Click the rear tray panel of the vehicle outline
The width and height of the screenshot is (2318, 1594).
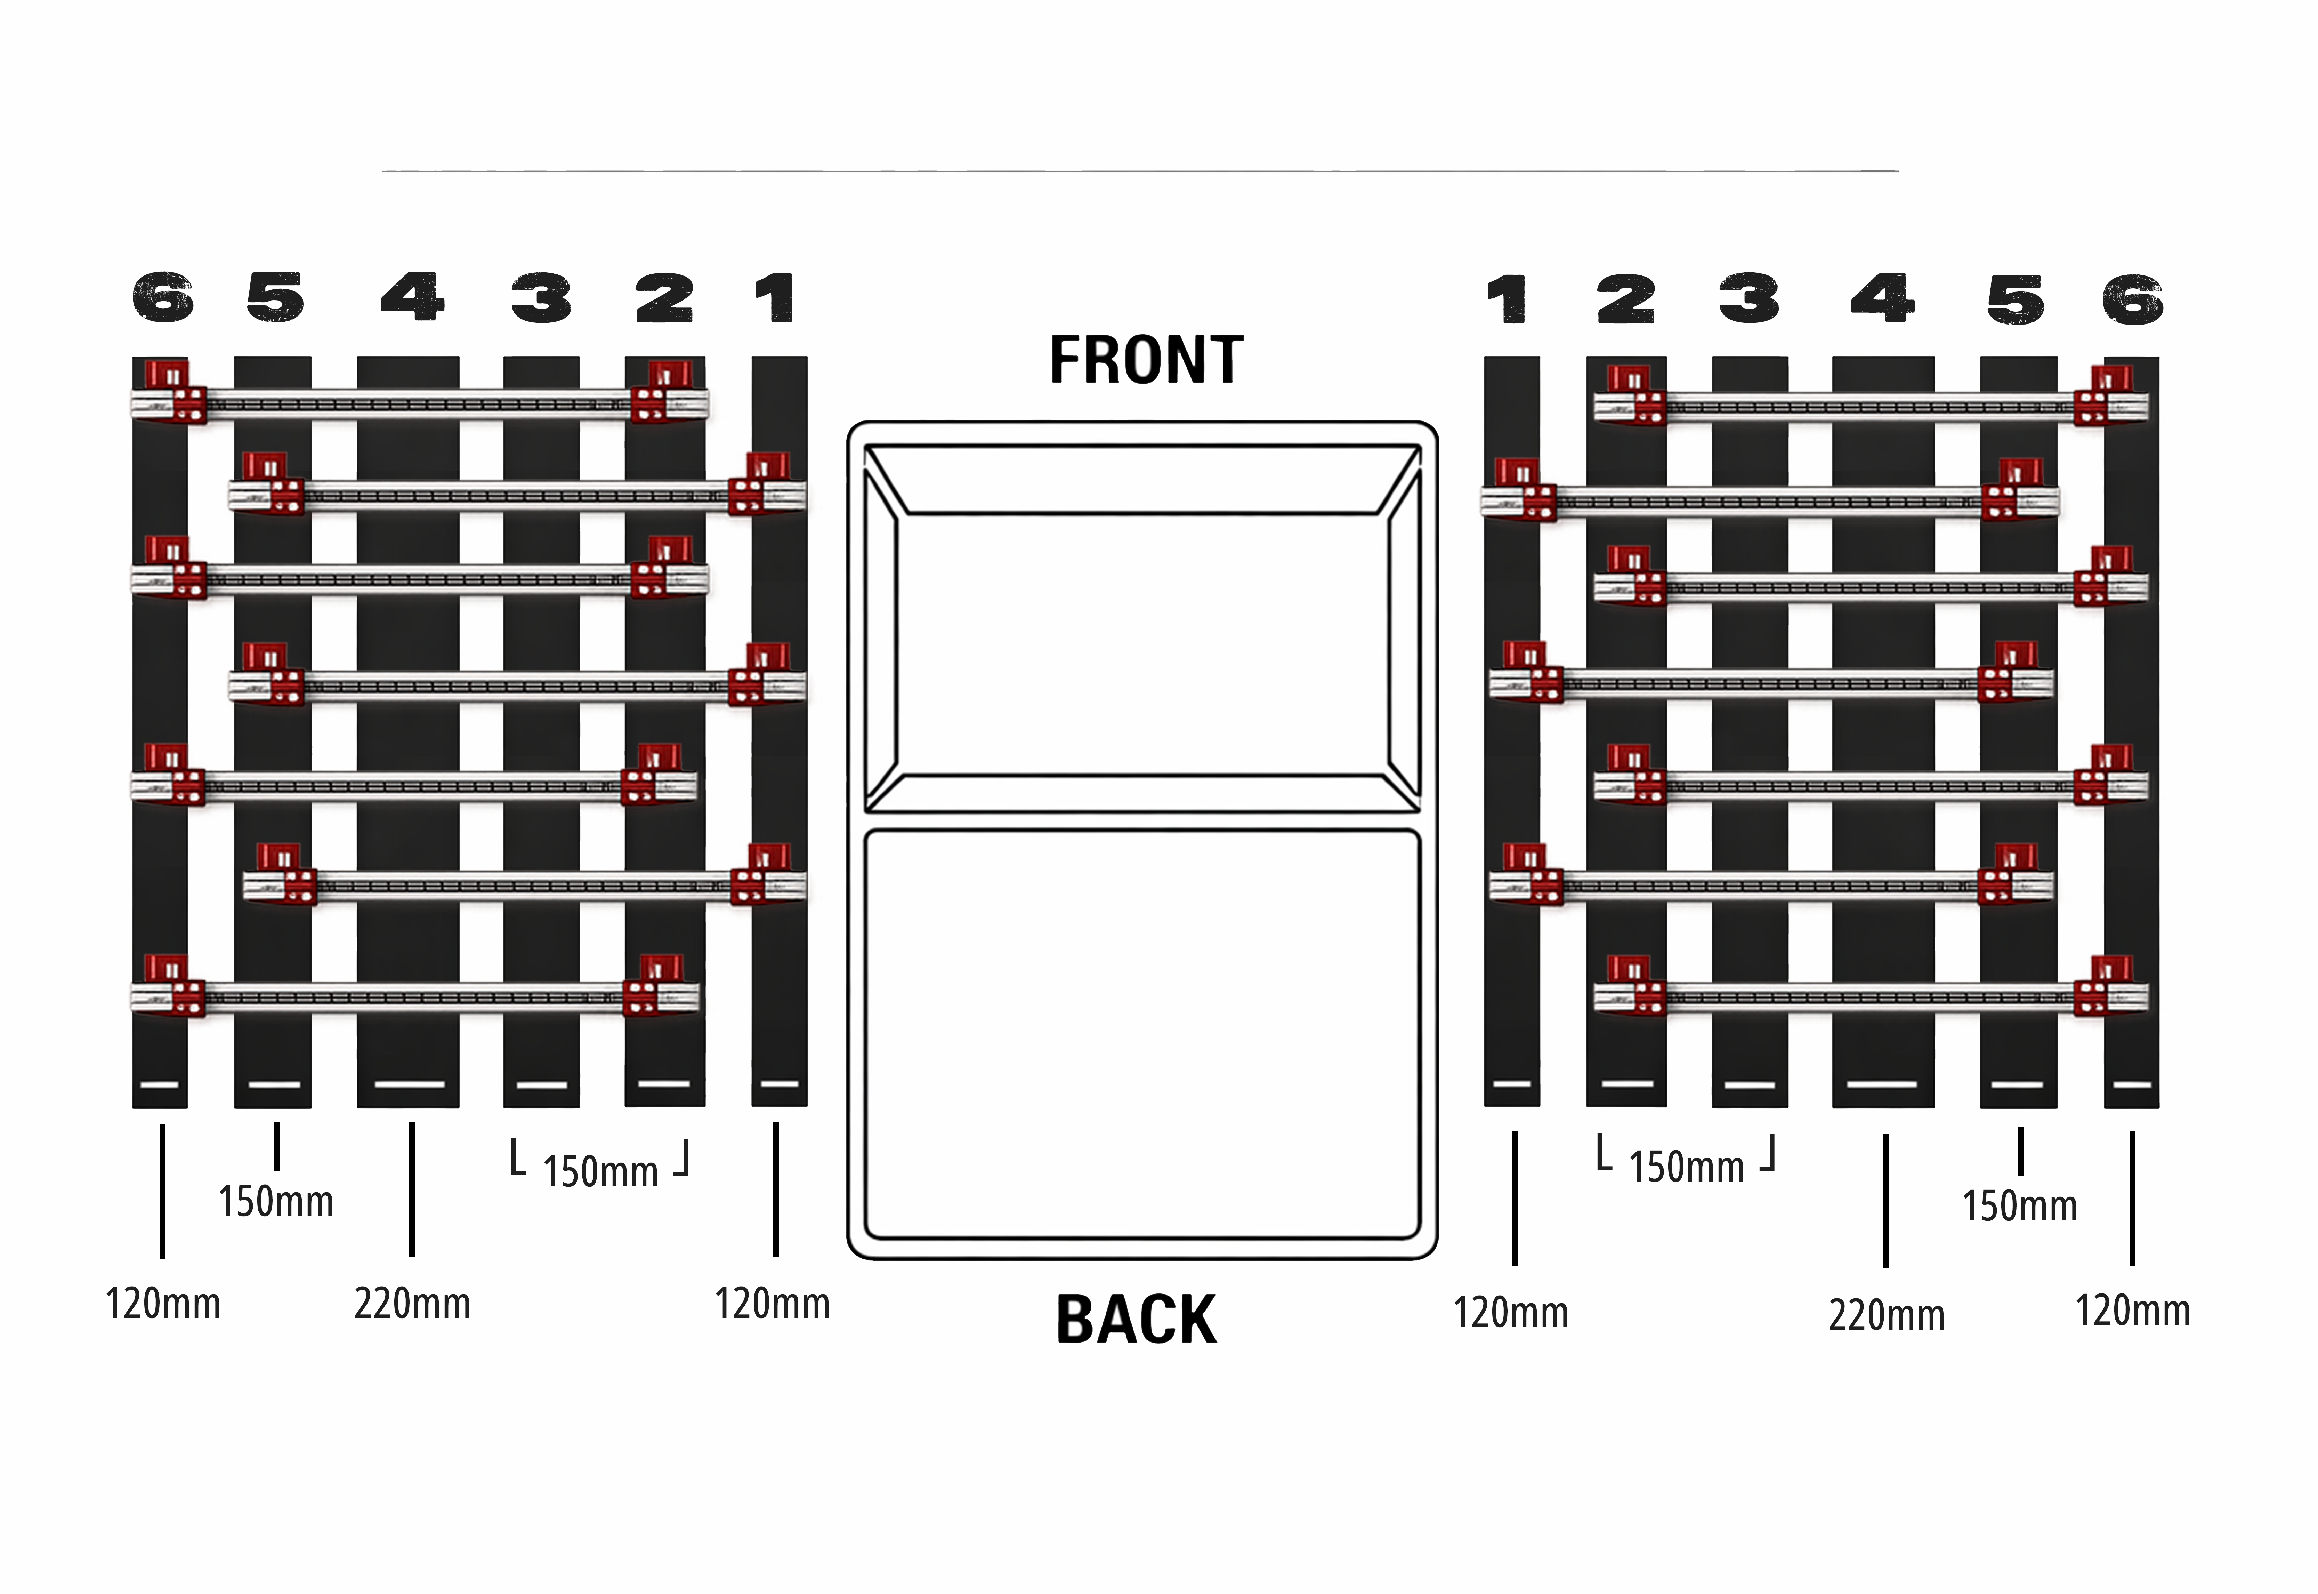pyautogui.click(x=1142, y=1034)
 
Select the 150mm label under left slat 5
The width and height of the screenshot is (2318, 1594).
pyautogui.click(x=275, y=1201)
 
